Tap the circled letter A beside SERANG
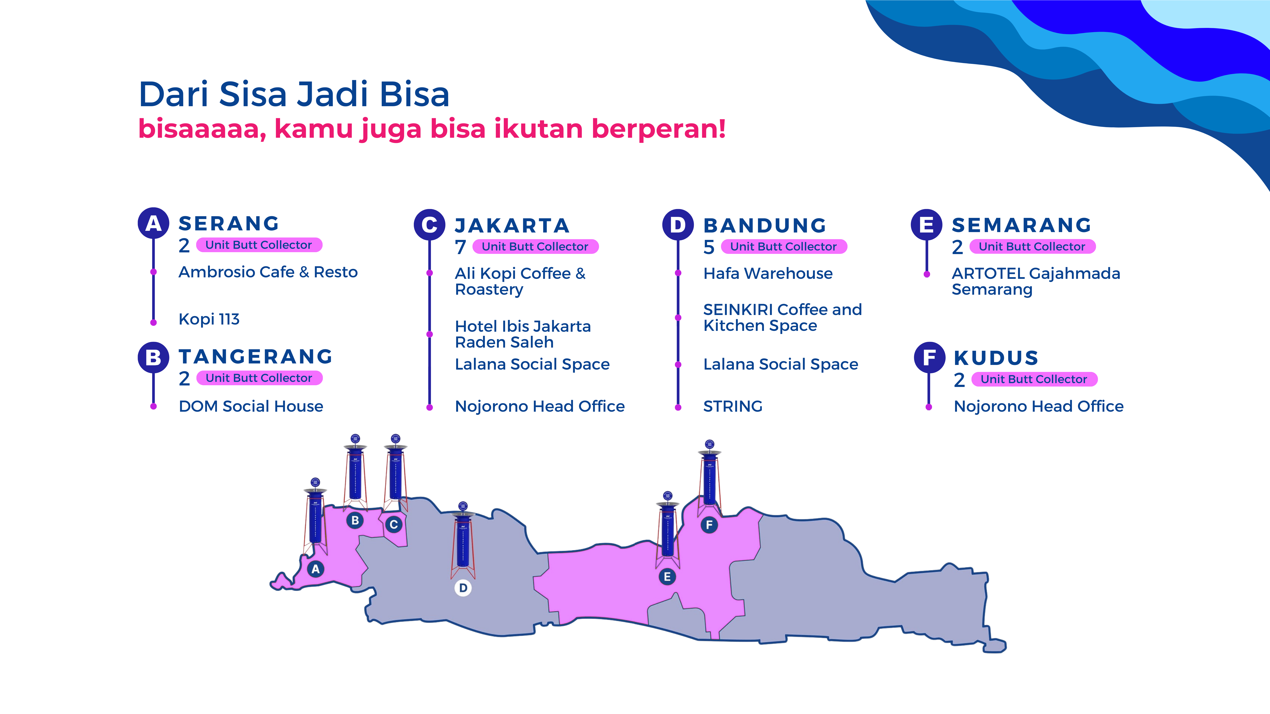(x=153, y=223)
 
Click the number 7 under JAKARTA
(x=460, y=247)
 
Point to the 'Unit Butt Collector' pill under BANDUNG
(x=783, y=246)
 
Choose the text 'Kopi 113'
(x=209, y=319)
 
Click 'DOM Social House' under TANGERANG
(x=251, y=407)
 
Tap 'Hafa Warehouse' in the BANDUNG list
(x=768, y=274)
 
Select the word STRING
(x=733, y=407)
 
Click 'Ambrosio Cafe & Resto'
(x=268, y=272)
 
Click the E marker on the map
(x=667, y=576)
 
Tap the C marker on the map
(x=393, y=524)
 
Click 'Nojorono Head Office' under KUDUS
(x=1038, y=407)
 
